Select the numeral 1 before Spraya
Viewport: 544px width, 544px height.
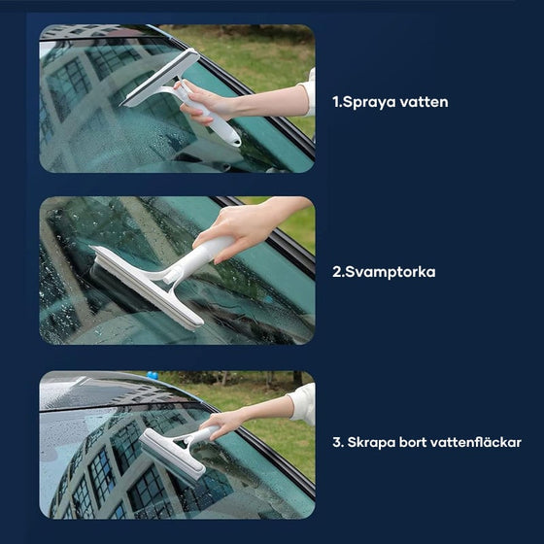(x=335, y=102)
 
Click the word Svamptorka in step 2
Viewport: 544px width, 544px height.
(x=391, y=272)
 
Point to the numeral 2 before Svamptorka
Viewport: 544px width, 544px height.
(x=337, y=272)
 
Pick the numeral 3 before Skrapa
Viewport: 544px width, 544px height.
(x=336, y=442)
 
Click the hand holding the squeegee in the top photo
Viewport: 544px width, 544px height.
(x=203, y=102)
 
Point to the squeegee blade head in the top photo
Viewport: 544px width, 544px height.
(x=159, y=78)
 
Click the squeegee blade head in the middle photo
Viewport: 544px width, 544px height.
(x=146, y=287)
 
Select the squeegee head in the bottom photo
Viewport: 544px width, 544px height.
(x=172, y=457)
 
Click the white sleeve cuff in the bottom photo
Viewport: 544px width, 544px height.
(x=302, y=404)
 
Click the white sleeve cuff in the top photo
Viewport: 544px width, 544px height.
(x=309, y=93)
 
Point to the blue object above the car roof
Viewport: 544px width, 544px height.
(x=152, y=375)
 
